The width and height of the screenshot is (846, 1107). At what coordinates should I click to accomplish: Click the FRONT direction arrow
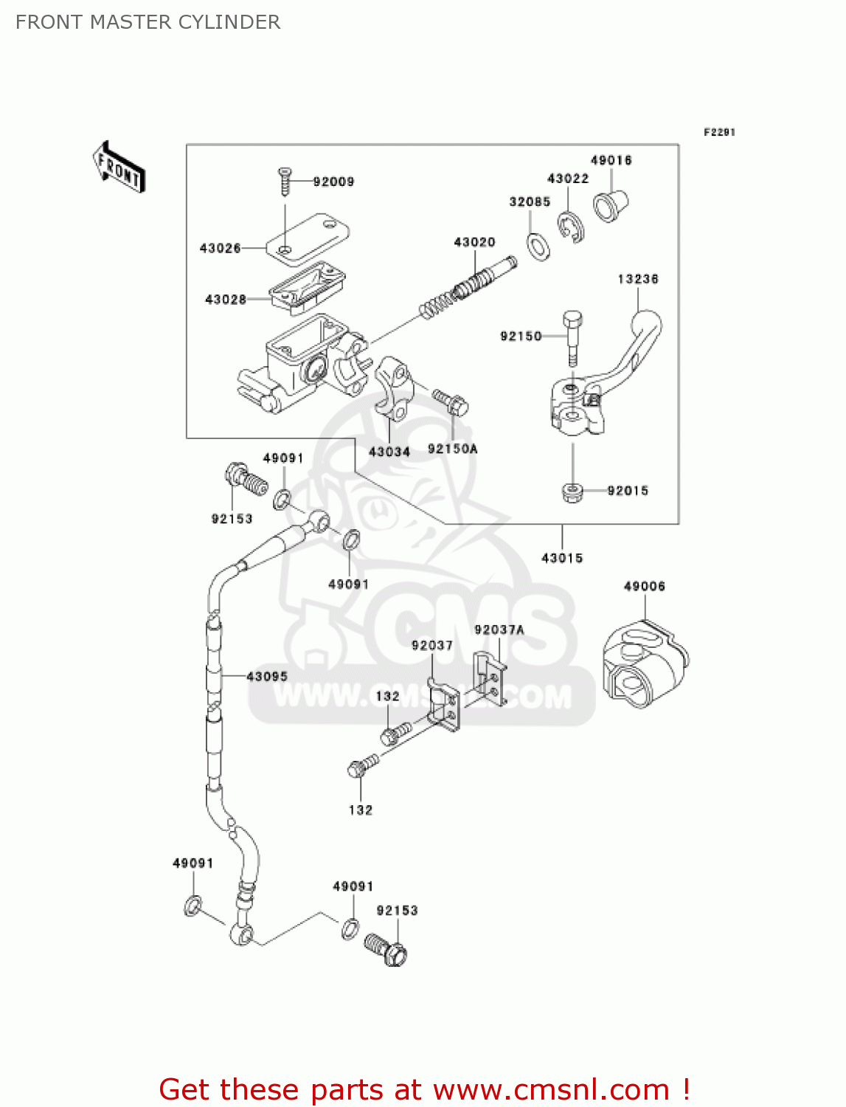click(119, 168)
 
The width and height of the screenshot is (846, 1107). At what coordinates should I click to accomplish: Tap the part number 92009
click(333, 182)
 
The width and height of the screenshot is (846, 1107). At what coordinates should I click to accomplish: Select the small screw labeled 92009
click(285, 181)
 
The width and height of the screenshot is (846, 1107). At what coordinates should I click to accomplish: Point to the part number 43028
click(226, 299)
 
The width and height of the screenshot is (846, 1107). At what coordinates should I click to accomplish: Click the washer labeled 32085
click(538, 246)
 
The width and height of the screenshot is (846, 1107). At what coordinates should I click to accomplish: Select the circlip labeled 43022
click(571, 227)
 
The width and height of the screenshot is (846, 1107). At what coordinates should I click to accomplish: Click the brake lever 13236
click(634, 347)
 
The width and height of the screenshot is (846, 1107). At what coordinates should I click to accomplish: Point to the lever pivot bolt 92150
click(572, 336)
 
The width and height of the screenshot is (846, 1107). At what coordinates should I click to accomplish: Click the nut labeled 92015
click(572, 492)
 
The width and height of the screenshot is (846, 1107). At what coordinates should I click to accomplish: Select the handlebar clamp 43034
click(393, 388)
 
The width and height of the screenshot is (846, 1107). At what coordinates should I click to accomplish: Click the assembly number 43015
click(562, 558)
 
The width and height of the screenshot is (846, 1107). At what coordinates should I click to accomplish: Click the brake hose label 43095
click(267, 676)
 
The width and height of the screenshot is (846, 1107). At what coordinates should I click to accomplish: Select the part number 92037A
click(499, 630)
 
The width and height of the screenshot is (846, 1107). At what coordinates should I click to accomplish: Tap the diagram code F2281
click(719, 132)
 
